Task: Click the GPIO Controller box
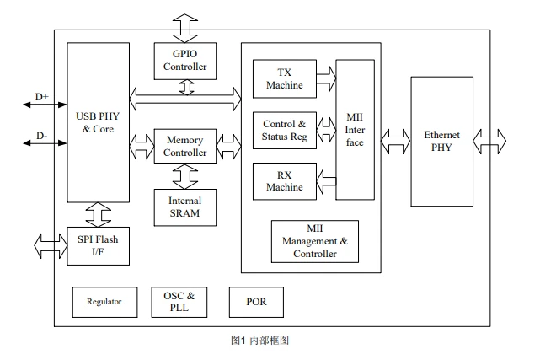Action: tap(185, 61)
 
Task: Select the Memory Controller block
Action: tap(185, 146)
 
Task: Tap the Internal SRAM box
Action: tap(185, 207)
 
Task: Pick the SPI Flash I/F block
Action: tap(99, 246)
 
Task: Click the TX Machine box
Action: tap(285, 79)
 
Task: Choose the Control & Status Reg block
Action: tap(285, 130)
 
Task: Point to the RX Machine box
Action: tap(285, 181)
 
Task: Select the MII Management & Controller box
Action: tap(315, 241)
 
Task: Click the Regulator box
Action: tap(104, 302)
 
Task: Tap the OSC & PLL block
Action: tap(179, 302)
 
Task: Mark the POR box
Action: tap(256, 302)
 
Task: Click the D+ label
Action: tap(41, 97)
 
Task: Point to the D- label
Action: tap(41, 136)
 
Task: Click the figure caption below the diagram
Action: tap(259, 341)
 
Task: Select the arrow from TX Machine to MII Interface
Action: tap(326, 79)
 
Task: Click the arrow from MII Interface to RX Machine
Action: tap(326, 181)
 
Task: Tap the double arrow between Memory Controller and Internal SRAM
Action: tap(185, 176)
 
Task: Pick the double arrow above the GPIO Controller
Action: tap(185, 29)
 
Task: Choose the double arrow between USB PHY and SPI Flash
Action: tap(99, 215)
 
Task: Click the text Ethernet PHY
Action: tap(441, 141)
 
